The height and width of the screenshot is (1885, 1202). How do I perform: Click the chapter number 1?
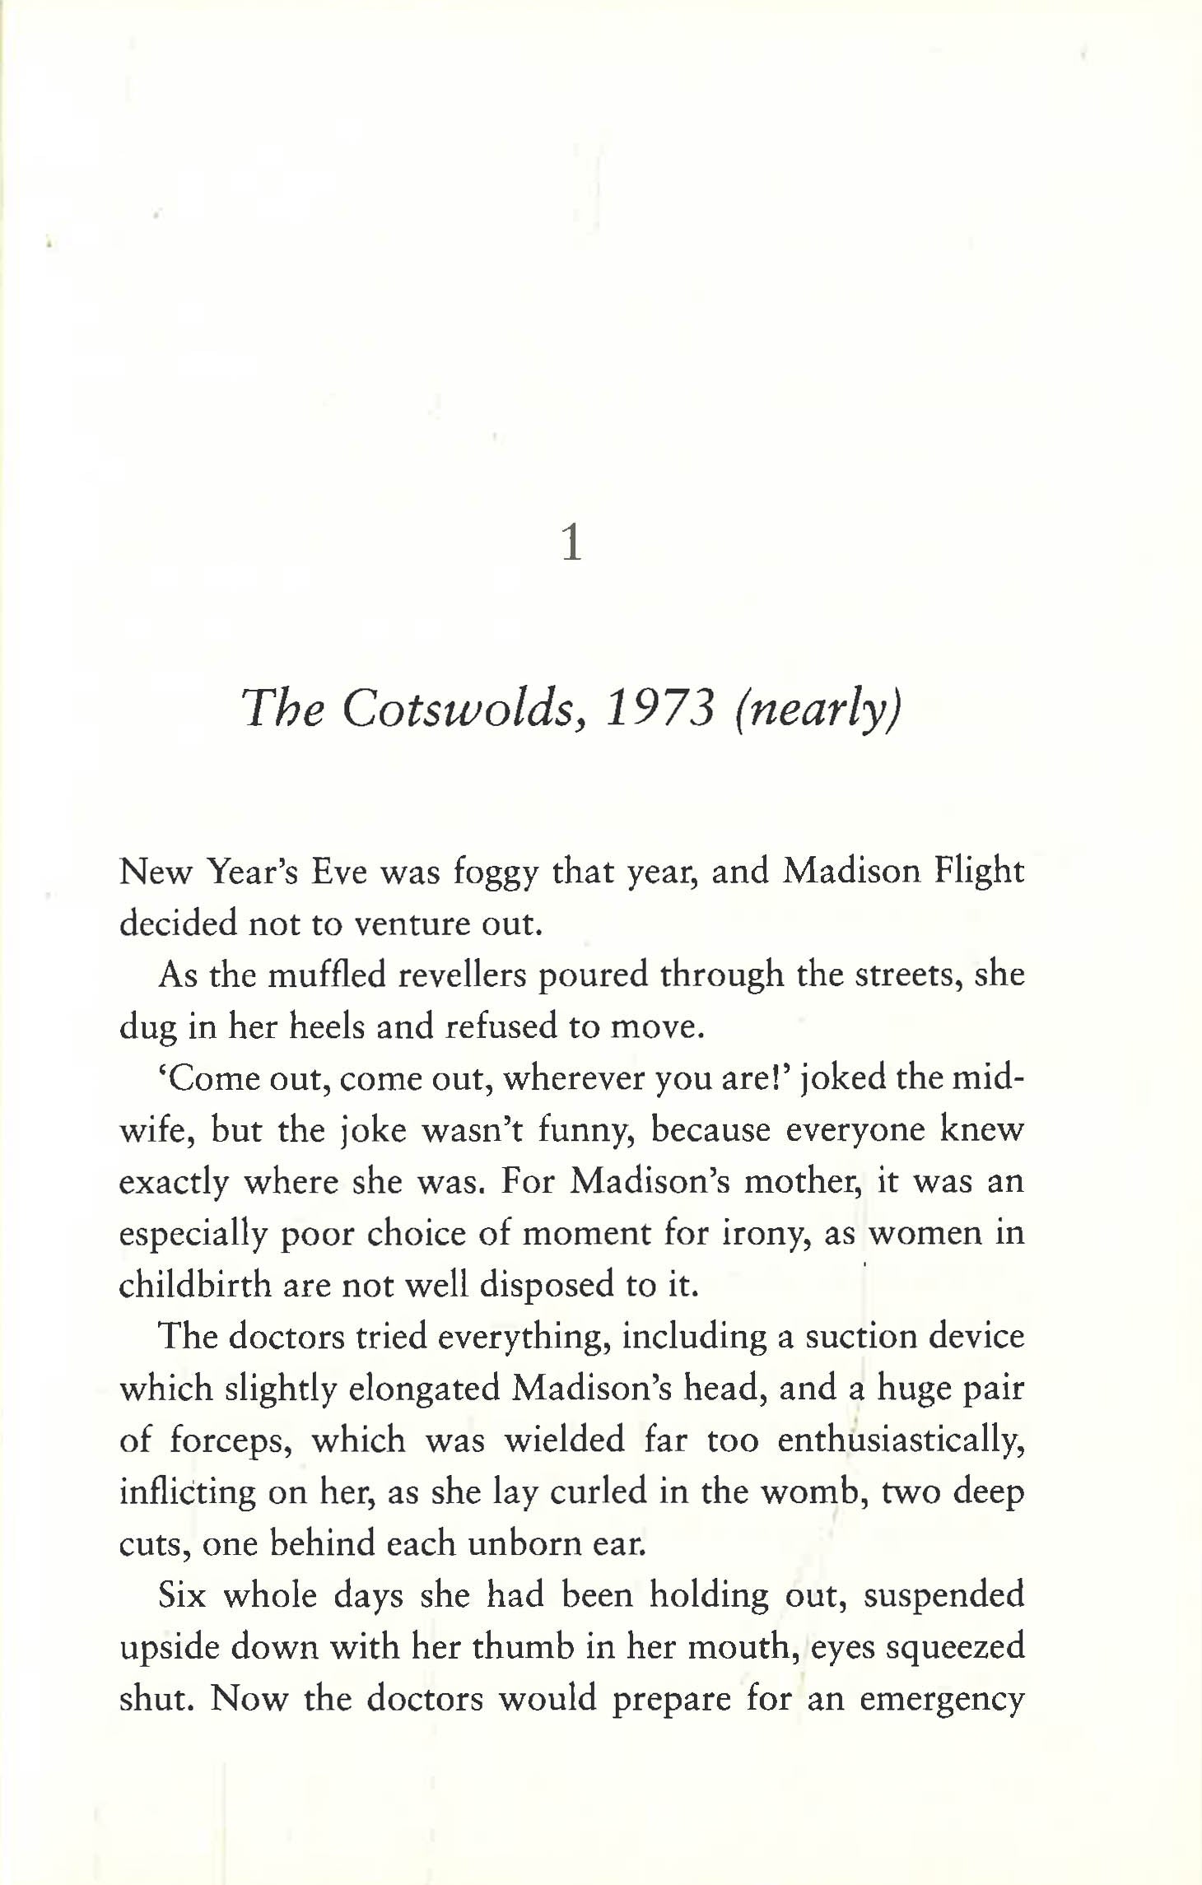tap(571, 544)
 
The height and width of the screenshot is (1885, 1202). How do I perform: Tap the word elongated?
tap(422, 1389)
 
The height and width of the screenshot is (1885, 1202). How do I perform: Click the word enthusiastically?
tap(901, 1441)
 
